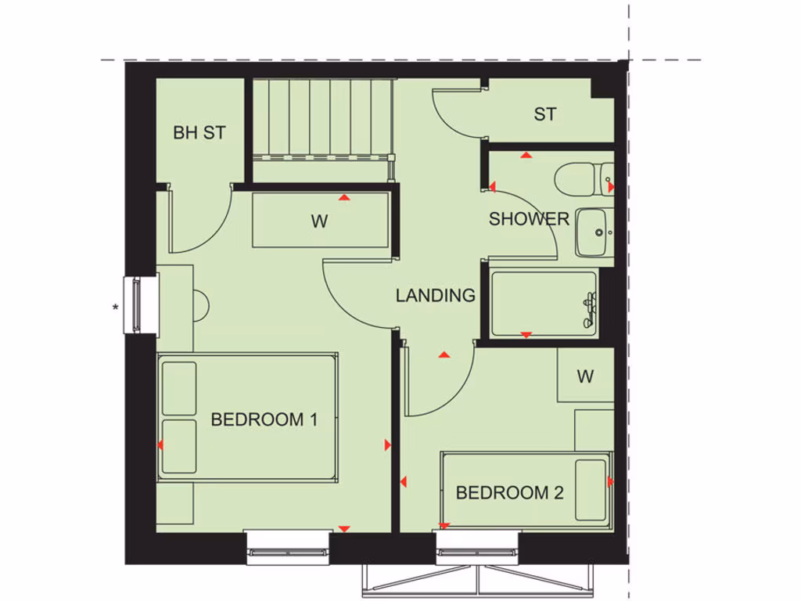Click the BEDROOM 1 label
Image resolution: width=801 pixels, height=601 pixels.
pyautogui.click(x=264, y=419)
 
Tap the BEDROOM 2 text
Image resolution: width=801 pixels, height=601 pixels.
pyautogui.click(x=509, y=493)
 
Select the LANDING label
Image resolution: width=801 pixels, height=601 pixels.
pyautogui.click(x=435, y=296)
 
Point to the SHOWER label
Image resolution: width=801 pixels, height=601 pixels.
pyautogui.click(x=529, y=219)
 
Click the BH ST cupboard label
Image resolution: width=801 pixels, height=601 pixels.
pyautogui.click(x=199, y=133)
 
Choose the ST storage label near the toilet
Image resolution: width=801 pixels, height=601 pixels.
pyautogui.click(x=545, y=114)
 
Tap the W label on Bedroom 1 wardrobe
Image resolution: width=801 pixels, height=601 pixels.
pyautogui.click(x=319, y=221)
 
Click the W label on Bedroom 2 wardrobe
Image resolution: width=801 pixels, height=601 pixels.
pyautogui.click(x=585, y=376)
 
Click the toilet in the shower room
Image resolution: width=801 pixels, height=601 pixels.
pyautogui.click(x=584, y=178)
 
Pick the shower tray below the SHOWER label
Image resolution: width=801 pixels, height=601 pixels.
pyautogui.click(x=543, y=303)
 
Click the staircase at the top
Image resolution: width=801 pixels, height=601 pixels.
pyautogui.click(x=321, y=117)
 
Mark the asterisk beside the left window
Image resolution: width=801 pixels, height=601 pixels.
pyautogui.click(x=116, y=308)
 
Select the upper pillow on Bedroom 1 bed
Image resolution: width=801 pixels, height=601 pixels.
pyautogui.click(x=178, y=388)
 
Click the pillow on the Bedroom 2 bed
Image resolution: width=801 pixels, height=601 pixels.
pyautogui.click(x=591, y=490)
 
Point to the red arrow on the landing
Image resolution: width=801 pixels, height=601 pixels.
pyautogui.click(x=444, y=355)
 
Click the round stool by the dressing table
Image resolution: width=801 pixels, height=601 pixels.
pyautogui.click(x=199, y=304)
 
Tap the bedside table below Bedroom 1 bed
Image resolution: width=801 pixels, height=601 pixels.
pyautogui.click(x=174, y=503)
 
